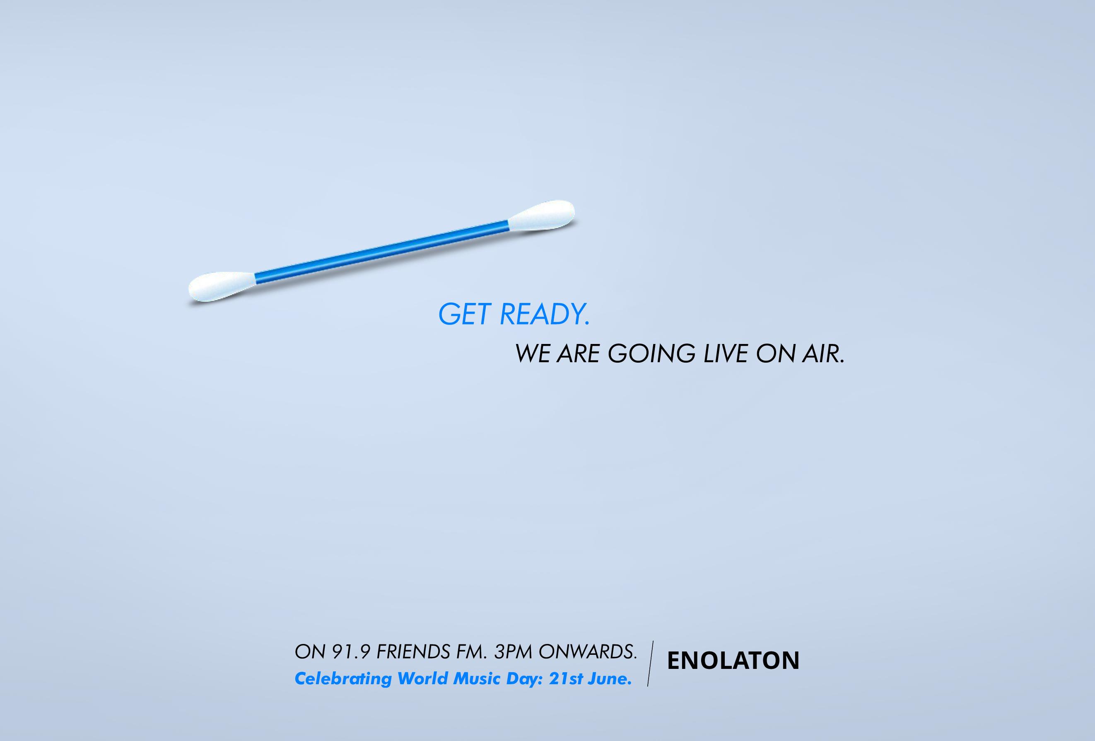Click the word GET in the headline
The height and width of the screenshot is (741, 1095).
[x=465, y=315]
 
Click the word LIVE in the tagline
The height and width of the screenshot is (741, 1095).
[x=726, y=354]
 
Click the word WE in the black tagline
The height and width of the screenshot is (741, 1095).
[x=533, y=354]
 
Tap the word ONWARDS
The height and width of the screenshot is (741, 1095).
[x=588, y=652]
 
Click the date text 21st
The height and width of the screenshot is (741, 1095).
[x=565, y=679]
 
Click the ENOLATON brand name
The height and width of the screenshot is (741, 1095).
[x=733, y=661]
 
